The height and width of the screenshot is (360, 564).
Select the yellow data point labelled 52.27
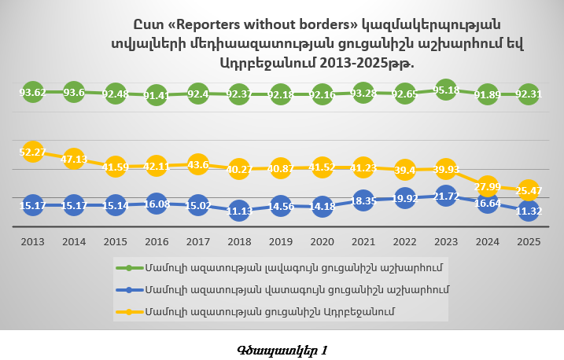[32, 151]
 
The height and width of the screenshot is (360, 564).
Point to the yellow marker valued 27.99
[488, 186]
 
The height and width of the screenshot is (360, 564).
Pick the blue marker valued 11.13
[239, 211]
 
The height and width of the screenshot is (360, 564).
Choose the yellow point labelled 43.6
[197, 165]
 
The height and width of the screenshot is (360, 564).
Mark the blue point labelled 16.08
[157, 204]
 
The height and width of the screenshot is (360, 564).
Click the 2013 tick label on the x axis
[32, 242]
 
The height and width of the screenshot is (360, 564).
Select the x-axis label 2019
[281, 242]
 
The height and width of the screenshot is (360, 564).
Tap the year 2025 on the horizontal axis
[529, 242]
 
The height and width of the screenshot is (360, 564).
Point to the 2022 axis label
[404, 242]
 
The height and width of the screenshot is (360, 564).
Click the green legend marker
[129, 268]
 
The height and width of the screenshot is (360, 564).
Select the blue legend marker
[129, 290]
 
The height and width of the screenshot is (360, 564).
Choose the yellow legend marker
[129, 312]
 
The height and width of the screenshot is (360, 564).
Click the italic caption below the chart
[282, 349]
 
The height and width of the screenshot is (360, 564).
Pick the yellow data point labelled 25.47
[529, 190]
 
